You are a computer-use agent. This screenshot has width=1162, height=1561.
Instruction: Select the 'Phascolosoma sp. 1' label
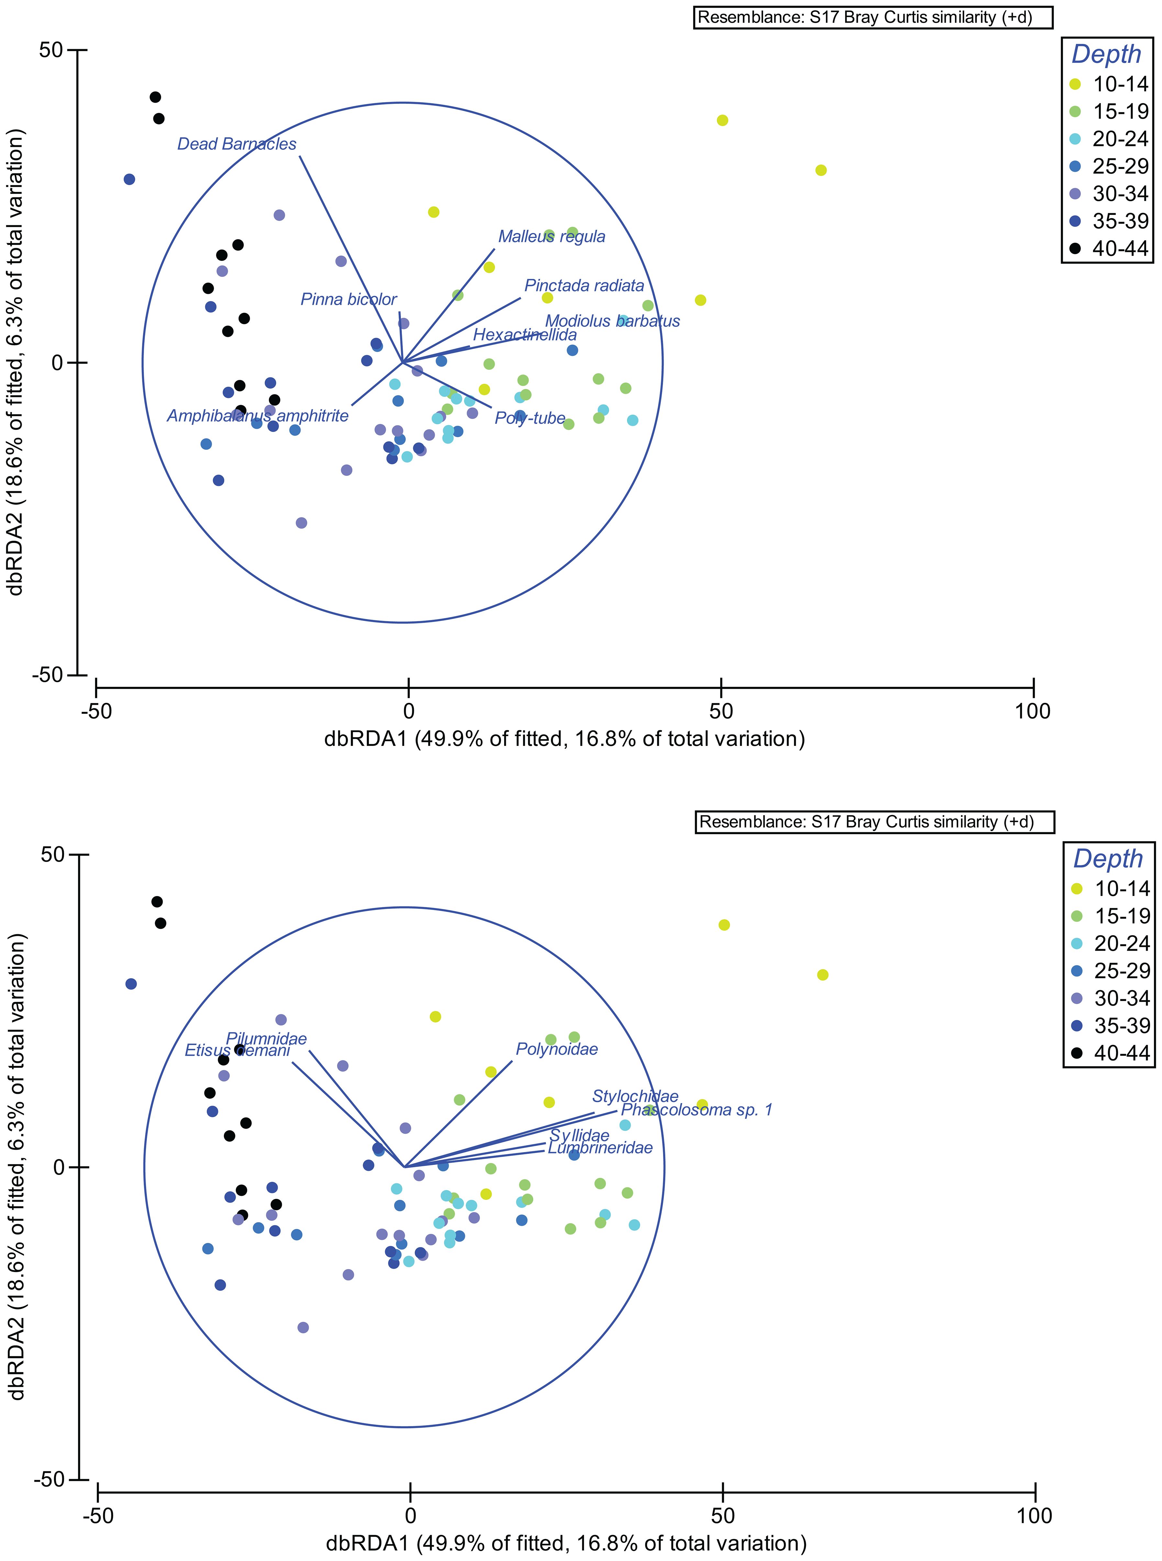[696, 1110]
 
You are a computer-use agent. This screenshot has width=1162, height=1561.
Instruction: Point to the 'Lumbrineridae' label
[600, 1148]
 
